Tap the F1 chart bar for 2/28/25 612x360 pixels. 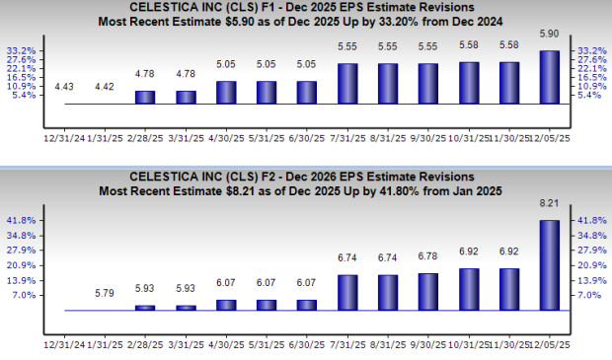[x=145, y=97]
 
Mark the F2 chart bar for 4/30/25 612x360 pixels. [x=226, y=305]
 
